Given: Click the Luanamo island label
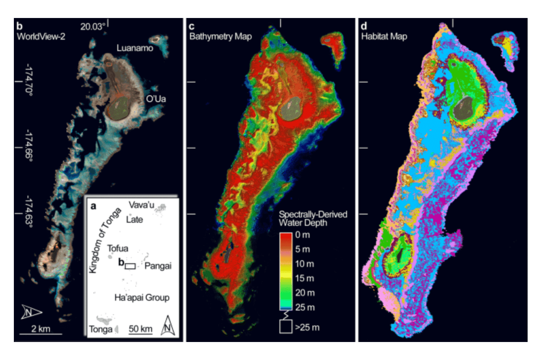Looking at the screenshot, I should coord(135,48).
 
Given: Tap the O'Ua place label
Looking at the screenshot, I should coord(156,99).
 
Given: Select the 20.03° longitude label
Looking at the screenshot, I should coord(93,27).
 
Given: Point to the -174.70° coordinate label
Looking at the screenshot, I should coord(28,80).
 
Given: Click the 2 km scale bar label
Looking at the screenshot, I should coord(40,329).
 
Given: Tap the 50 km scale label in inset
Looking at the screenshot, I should coord(140,329).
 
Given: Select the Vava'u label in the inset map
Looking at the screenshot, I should coord(141,205).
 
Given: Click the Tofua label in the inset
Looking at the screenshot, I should coord(117,248).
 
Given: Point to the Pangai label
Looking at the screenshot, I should coord(158,266).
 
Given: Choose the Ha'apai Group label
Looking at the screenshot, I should coord(142,297).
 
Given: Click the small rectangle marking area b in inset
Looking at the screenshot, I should coord(130,266).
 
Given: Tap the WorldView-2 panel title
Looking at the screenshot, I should coord(41,36).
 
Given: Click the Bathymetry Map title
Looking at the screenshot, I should coord(220,36).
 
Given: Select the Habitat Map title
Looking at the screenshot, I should coord(384,36).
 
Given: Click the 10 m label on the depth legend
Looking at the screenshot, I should coord(304,264).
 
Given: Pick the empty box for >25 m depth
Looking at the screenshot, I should coord(286,327).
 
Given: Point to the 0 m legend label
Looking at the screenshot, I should coord(302,235).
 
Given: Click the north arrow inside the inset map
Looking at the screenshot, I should coord(168,325).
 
